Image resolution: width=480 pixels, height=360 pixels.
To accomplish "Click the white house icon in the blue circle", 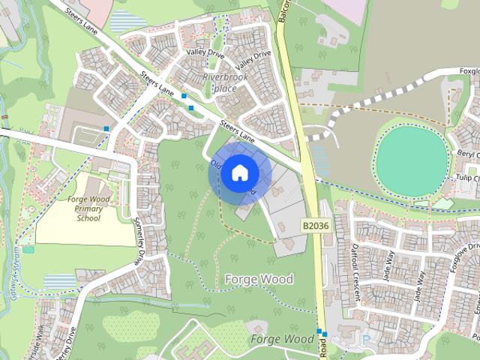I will [239, 173].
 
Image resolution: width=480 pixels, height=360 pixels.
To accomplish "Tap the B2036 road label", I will [316, 225].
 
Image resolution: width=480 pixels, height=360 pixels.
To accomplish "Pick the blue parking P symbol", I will [366, 340].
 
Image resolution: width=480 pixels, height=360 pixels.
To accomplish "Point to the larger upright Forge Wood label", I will [259, 279].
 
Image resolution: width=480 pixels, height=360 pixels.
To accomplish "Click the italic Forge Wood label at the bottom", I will [282, 339].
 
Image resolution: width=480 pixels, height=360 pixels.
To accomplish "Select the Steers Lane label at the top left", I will [81, 18].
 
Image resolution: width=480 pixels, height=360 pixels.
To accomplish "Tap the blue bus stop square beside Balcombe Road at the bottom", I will [319, 331].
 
